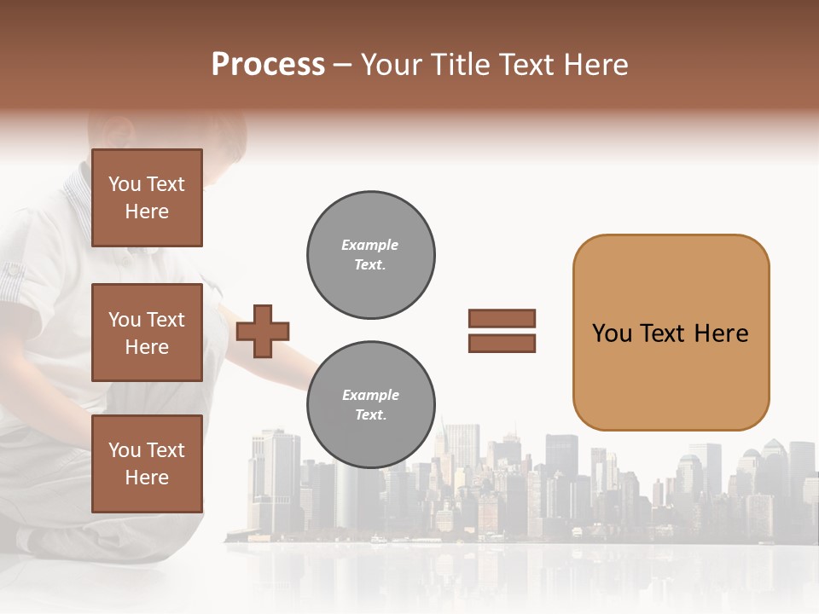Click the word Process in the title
coord(268,65)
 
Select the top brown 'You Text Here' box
coord(147,198)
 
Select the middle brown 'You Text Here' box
coord(147,333)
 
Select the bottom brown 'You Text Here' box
coord(147,463)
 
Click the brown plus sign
coord(263,331)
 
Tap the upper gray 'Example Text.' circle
coord(370,255)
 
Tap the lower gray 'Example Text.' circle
coord(370,405)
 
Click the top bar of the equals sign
coord(502,319)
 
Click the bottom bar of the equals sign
coord(502,343)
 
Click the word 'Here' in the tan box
coord(721,333)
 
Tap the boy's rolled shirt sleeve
coord(17,281)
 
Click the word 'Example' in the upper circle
coord(370,246)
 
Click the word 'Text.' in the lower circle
coord(370,415)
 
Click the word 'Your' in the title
coord(391,65)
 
